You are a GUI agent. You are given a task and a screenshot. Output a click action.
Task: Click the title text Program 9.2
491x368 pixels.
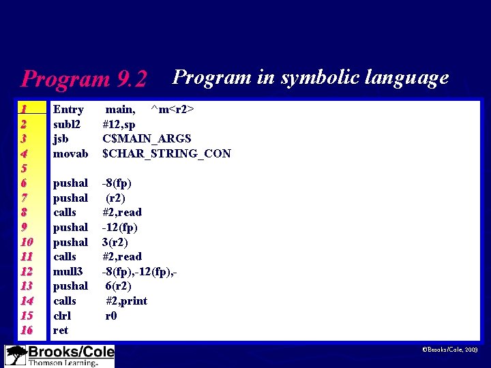pyautogui.click(x=84, y=79)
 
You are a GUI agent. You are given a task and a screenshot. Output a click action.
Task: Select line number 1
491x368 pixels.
pyautogui.click(x=24, y=109)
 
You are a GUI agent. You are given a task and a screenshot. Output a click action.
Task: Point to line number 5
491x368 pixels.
pyautogui.click(x=23, y=168)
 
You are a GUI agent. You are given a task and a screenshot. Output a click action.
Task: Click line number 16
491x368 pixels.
pyautogui.click(x=27, y=330)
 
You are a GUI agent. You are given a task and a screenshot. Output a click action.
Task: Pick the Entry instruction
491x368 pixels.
pyautogui.click(x=68, y=109)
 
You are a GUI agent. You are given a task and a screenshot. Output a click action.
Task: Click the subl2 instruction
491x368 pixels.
pyautogui.click(x=67, y=124)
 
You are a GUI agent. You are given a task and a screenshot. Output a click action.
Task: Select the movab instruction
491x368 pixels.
pyautogui.click(x=71, y=153)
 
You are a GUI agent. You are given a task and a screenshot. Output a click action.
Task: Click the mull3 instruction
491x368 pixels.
pyautogui.click(x=69, y=271)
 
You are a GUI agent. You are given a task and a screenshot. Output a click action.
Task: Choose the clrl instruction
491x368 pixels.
pyautogui.click(x=62, y=316)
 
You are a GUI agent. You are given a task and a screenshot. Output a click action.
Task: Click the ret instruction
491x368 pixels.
pyautogui.click(x=61, y=330)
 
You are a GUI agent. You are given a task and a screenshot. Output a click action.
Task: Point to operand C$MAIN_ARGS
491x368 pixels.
pyautogui.click(x=146, y=138)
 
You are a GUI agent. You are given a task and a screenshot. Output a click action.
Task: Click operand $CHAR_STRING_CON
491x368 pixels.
pyautogui.click(x=166, y=153)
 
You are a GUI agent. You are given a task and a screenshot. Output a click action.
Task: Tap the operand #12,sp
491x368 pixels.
pyautogui.click(x=119, y=124)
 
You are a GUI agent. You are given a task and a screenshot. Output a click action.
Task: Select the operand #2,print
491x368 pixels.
pyautogui.click(x=126, y=301)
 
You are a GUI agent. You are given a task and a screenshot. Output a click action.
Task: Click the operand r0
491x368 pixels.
pyautogui.click(x=111, y=316)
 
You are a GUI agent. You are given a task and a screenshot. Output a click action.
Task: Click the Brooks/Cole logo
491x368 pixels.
pyautogui.click(x=59, y=356)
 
